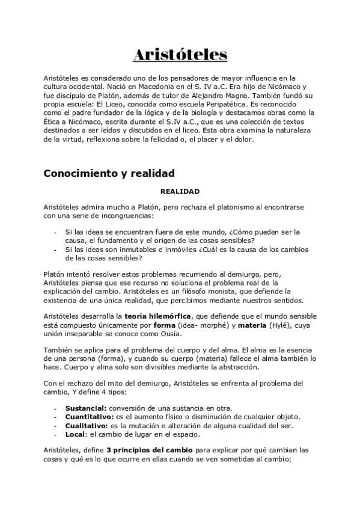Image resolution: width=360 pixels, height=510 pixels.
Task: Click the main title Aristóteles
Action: (180, 55)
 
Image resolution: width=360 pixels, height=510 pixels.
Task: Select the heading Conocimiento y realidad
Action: (109, 174)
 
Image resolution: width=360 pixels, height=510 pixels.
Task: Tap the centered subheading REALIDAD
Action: (180, 191)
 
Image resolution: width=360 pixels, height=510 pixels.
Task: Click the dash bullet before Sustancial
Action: (55, 408)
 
